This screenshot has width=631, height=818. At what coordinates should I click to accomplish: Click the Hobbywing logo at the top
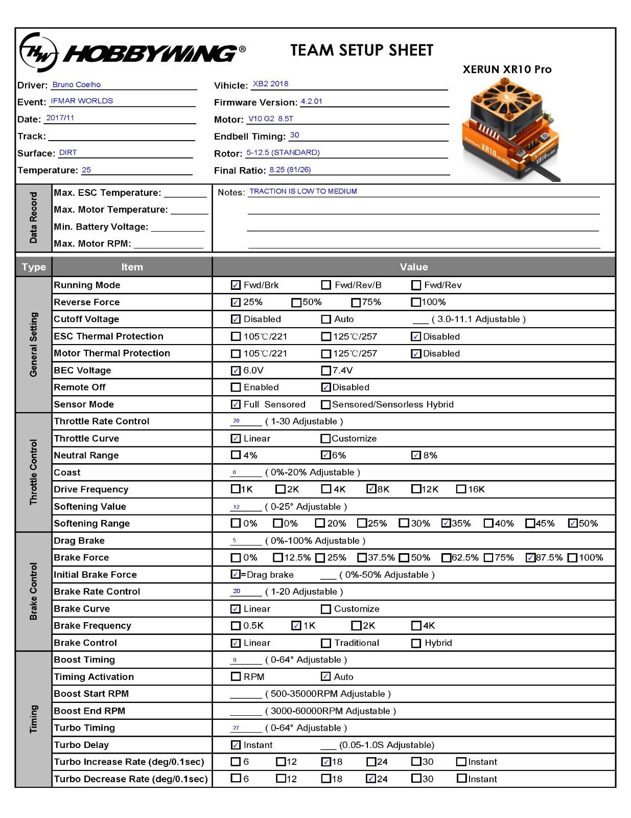coord(132,52)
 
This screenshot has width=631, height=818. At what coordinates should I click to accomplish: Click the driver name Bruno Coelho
coord(77,85)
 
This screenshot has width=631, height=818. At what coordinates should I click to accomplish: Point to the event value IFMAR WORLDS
coord(82,101)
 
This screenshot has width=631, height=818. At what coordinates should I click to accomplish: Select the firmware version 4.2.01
coord(312,101)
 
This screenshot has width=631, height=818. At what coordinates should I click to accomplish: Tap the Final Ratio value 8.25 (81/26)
coord(290,170)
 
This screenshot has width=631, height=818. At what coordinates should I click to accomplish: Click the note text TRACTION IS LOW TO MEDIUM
coord(303,191)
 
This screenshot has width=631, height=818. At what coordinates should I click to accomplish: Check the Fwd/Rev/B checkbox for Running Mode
coord(326,285)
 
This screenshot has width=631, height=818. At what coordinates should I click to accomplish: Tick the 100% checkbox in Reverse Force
coord(416,302)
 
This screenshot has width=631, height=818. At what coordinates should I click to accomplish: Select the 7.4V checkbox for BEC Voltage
coord(326,371)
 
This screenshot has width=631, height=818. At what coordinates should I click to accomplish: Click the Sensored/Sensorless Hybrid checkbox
coord(325,405)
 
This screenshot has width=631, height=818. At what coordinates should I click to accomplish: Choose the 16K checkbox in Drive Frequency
coord(461,489)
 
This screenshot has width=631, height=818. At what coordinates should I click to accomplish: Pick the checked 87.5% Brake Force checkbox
coord(530,558)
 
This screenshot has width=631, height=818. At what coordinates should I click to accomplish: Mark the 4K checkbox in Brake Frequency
coord(416,626)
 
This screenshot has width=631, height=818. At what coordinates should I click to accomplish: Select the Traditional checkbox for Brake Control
coord(326,643)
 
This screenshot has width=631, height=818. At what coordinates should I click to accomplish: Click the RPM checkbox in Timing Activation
coord(236,677)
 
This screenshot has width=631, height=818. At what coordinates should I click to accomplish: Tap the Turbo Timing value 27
coord(236,728)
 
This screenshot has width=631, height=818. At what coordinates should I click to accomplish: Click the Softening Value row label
coord(90,507)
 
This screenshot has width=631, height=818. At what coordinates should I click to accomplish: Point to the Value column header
coord(414,267)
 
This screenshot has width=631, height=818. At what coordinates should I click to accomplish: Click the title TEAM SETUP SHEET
coord(362,50)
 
